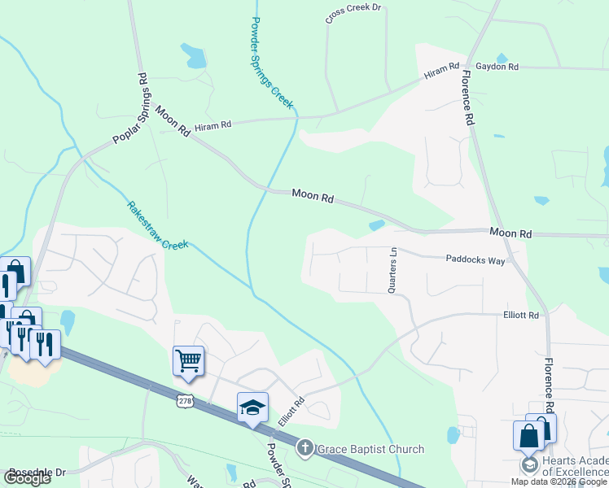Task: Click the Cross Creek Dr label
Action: (353, 13)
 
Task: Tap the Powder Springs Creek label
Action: (272, 63)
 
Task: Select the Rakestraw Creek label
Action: (157, 224)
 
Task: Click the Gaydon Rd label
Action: (497, 67)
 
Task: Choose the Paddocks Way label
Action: (475, 260)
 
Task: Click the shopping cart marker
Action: (188, 359)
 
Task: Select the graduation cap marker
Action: (252, 406)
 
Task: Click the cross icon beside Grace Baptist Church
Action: (304, 448)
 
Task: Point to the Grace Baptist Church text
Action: (370, 449)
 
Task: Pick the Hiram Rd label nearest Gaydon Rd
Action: (441, 72)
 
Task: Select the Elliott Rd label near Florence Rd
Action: (521, 315)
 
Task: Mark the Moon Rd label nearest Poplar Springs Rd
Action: (172, 121)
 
